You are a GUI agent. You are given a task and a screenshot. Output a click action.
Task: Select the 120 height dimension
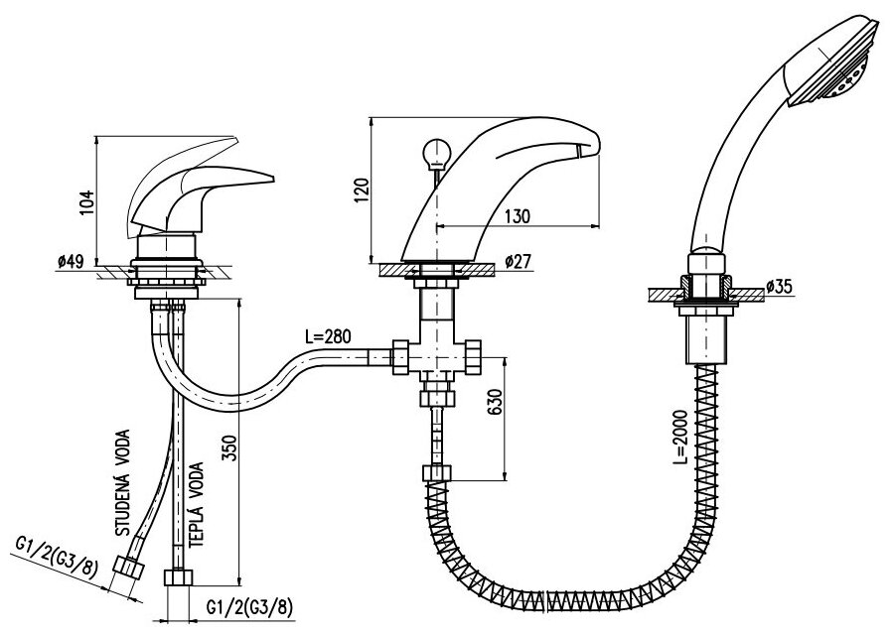coord(362,188)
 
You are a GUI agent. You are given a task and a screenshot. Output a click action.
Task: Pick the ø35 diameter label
coord(782,289)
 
